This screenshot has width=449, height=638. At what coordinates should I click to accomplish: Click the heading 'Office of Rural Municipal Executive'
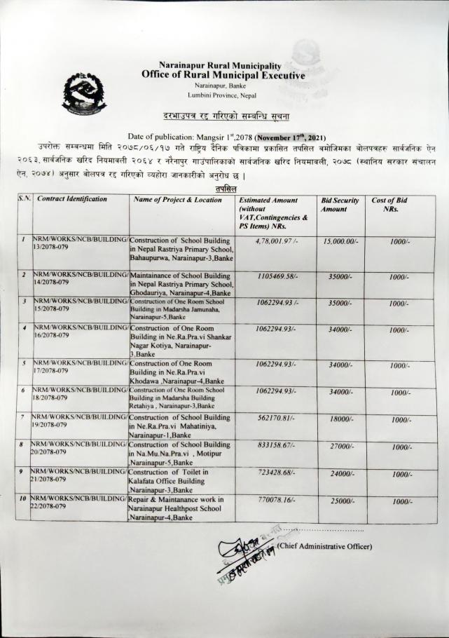pyautogui.click(x=223, y=74)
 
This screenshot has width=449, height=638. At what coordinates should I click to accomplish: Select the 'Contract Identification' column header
pyautogui.click(x=72, y=199)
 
